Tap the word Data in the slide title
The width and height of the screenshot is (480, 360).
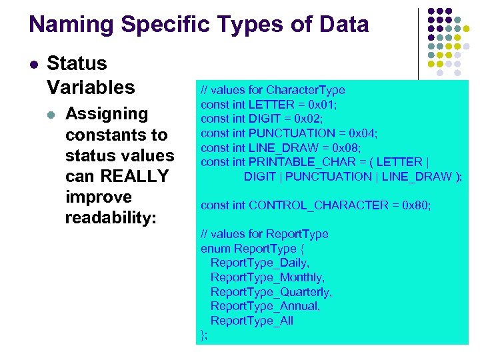click(342, 25)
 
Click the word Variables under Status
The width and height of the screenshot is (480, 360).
click(91, 87)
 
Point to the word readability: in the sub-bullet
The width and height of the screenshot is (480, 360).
click(111, 218)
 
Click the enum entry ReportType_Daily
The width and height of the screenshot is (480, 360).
click(259, 263)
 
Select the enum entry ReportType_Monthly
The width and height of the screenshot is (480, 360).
click(267, 277)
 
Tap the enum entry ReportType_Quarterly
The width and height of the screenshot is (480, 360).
click(271, 292)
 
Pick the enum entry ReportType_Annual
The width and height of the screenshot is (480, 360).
click(265, 307)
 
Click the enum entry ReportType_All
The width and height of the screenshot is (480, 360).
click(251, 321)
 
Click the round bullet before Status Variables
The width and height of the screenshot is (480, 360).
click(33, 65)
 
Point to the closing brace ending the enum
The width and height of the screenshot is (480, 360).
click(203, 335)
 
